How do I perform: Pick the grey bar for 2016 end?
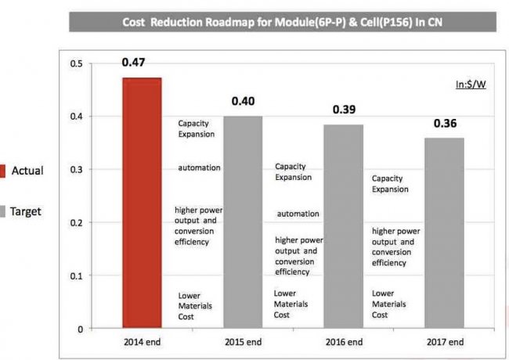point(343,226)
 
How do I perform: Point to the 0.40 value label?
point(243,103)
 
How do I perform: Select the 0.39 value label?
point(344,110)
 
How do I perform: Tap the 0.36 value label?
point(444,123)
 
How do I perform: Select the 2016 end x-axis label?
point(344,342)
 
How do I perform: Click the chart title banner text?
point(282,22)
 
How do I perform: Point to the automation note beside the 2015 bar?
point(199,167)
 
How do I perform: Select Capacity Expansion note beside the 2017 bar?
point(390,183)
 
